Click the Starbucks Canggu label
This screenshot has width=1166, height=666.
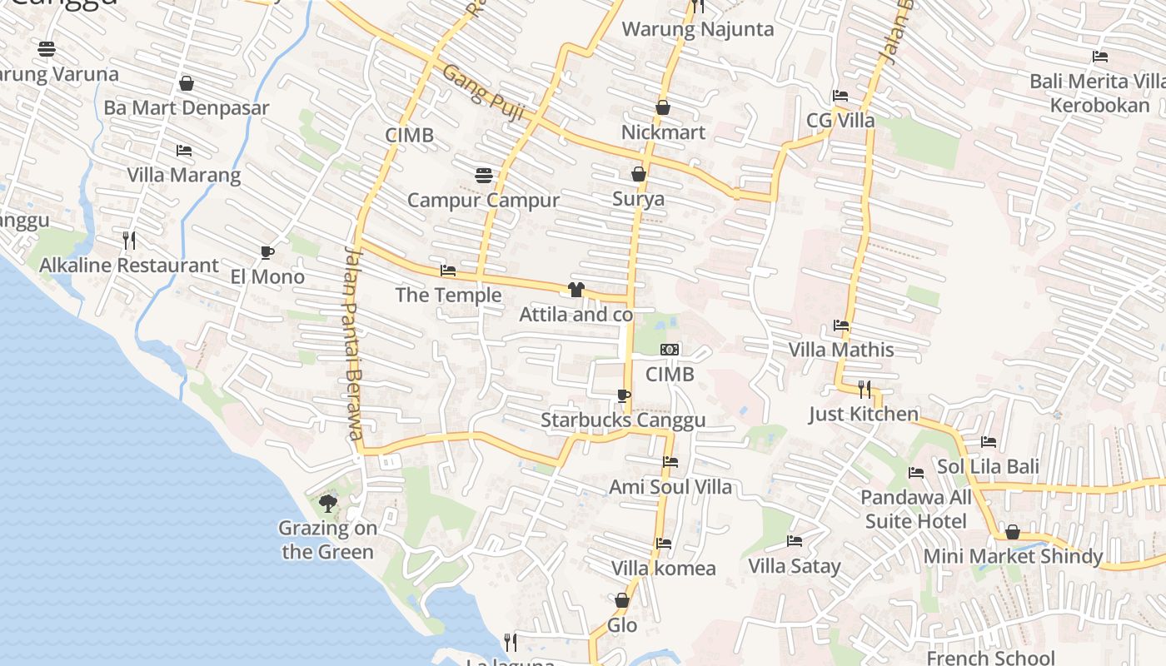623,420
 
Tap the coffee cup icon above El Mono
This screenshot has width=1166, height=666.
267,252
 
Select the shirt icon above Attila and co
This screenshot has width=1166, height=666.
576,290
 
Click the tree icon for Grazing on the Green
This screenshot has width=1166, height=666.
328,503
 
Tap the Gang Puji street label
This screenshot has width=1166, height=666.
483,92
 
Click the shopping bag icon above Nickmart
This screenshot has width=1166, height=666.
663,107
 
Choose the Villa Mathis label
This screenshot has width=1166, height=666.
841,350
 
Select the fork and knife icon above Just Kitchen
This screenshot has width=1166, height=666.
865,389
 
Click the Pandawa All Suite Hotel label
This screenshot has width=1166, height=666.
916,509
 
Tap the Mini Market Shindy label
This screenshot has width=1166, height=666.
1013,556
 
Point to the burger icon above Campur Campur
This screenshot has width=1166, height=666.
484,175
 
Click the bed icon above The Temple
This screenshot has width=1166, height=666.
448,271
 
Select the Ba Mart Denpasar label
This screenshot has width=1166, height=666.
187,108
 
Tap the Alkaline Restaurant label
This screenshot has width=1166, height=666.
129,266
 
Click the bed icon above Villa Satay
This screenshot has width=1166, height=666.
795,541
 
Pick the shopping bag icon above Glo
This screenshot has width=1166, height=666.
622,600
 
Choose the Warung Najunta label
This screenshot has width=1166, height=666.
698,29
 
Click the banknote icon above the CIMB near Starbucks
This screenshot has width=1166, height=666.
670,350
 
